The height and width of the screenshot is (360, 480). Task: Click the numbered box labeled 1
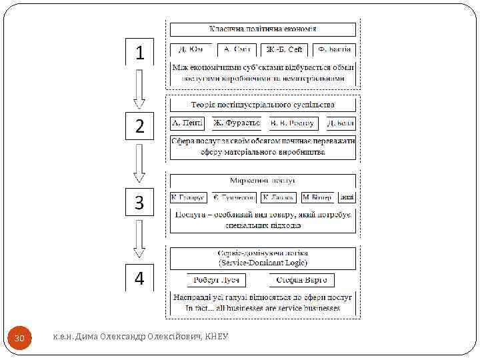click(140, 52)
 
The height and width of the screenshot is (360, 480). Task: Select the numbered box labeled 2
click(140, 126)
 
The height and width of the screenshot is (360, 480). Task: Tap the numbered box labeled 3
click(140, 202)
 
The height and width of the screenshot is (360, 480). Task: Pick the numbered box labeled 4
click(140, 277)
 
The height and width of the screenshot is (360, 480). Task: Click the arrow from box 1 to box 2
click(139, 89)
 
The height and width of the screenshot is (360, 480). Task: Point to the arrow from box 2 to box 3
click(139, 163)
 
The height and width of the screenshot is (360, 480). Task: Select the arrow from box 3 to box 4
click(139, 239)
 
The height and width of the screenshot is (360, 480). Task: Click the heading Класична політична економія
click(263, 29)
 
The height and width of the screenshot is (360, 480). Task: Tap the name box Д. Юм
click(191, 49)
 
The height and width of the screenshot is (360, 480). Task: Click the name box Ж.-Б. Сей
click(285, 49)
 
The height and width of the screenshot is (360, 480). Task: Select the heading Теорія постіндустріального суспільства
click(263, 105)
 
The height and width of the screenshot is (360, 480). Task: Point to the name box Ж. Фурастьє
click(237, 123)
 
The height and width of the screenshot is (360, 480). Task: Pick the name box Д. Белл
click(341, 123)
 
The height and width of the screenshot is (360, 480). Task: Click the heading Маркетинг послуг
click(263, 180)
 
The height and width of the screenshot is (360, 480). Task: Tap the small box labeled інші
click(347, 197)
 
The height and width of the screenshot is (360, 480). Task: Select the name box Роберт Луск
click(217, 280)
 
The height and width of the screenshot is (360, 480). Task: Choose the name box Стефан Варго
click(302, 280)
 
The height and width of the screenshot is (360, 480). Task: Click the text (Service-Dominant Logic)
click(263, 262)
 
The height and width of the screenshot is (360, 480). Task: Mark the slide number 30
click(20, 339)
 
